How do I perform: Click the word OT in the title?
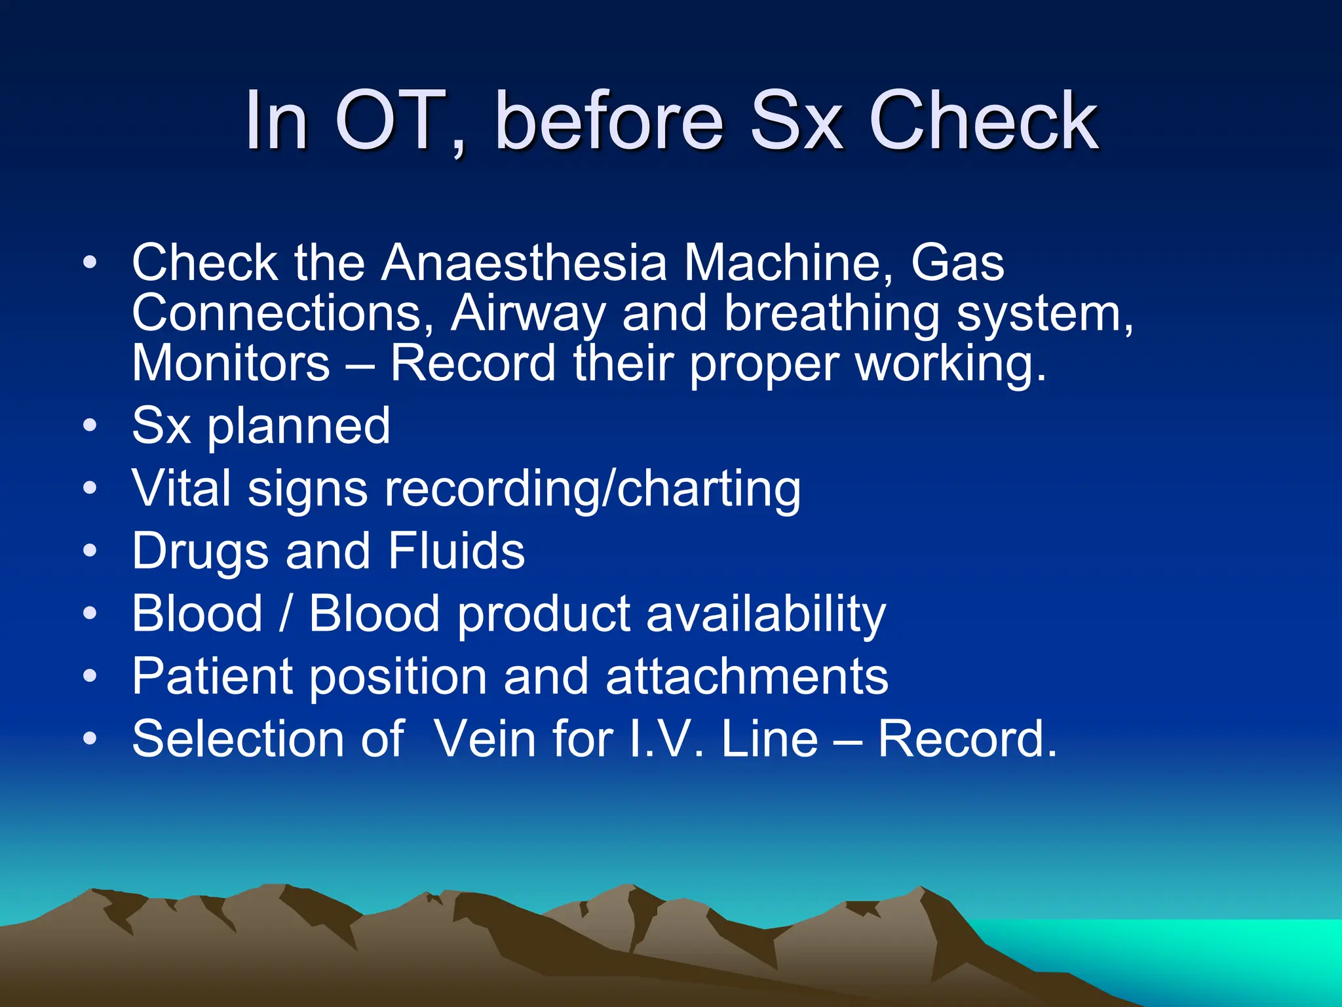pos(389,121)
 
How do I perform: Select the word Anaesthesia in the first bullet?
pos(524,263)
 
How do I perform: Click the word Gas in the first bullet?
pos(957,263)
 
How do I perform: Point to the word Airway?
pos(527,314)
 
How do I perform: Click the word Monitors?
pos(231,363)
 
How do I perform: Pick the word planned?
pos(299,427)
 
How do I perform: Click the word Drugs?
pos(200,551)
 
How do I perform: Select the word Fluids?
pos(456,551)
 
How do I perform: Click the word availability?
pos(766,614)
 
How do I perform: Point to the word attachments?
pos(747,677)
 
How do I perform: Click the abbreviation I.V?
pos(665,739)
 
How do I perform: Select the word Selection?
pos(237,739)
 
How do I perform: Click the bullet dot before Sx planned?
pos(90,426)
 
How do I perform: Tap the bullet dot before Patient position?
pos(90,675)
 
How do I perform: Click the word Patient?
pos(212,677)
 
